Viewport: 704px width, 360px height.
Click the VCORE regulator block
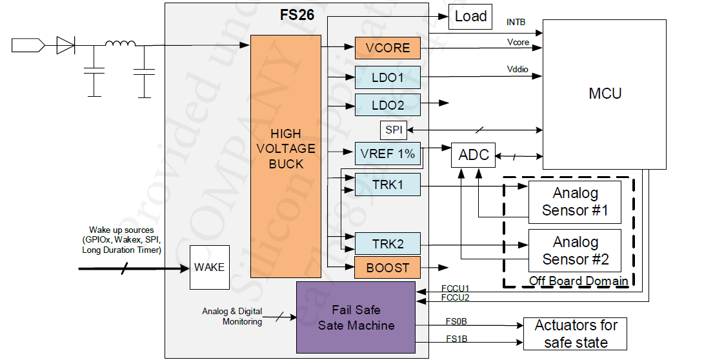pos(387,48)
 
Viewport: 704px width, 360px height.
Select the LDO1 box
pos(387,77)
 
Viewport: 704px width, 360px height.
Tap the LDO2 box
pos(387,105)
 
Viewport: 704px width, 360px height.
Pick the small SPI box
pos(394,130)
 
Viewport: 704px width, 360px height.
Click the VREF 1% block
pos(387,154)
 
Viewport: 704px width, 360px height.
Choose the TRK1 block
pos(387,185)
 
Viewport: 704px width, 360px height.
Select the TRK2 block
pos(387,244)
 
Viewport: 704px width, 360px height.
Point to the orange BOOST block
pos(387,267)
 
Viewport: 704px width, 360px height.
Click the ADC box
pos(473,155)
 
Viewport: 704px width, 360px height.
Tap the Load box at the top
pos(470,16)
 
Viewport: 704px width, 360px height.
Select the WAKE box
pos(209,267)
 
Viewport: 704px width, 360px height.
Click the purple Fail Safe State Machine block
pos(356,317)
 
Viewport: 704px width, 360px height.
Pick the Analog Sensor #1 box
pos(574,201)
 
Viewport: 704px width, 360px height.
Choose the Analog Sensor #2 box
pos(574,251)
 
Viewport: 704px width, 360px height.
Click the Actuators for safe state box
pos(576,334)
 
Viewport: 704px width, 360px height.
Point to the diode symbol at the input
pos(66,45)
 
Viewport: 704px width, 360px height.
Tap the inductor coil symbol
pos(121,45)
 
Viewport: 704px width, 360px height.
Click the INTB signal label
pos(516,23)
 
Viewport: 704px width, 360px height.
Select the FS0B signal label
pos(456,320)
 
